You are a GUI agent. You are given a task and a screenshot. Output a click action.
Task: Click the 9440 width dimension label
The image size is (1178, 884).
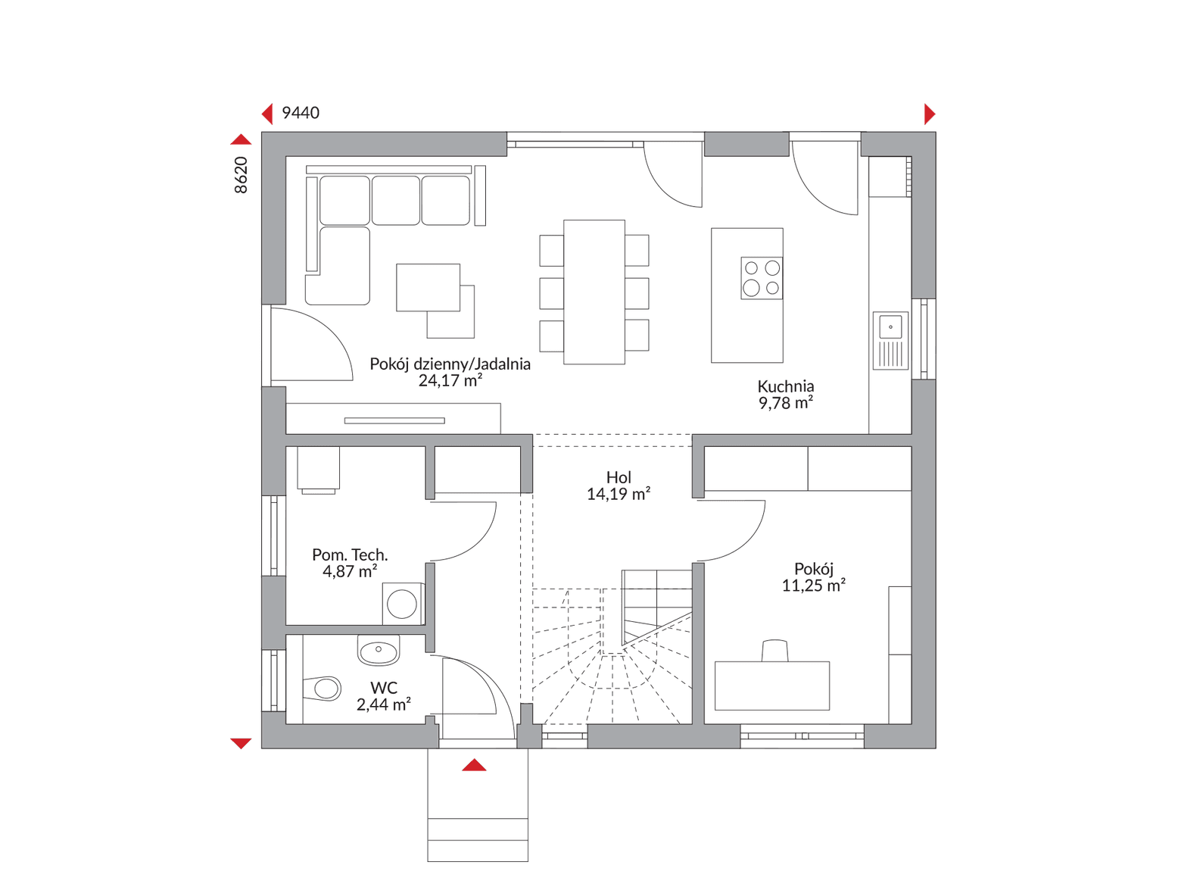pos(300,113)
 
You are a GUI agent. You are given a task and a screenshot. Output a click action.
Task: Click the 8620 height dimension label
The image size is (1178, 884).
pos(241,175)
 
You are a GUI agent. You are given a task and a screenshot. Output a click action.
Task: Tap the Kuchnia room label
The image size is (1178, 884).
pos(785,386)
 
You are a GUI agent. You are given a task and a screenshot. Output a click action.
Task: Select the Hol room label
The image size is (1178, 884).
pos(619,477)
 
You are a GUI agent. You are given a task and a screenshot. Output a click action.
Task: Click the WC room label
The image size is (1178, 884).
pos(384,688)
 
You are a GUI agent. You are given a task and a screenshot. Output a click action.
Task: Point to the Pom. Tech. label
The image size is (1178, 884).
pos(350,554)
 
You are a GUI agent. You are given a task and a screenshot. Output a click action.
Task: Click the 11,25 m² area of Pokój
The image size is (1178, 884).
pos(814,585)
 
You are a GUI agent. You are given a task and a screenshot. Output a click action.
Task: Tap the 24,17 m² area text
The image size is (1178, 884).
pos(450,380)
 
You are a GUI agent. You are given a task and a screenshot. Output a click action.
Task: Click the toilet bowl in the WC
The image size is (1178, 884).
pos(322,688)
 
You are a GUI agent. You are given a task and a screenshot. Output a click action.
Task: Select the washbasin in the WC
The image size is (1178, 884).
pos(379,651)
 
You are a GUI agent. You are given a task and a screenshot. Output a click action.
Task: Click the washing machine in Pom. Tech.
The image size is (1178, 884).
pos(403,604)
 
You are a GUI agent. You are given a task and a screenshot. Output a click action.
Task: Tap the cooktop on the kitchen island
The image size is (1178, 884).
pos(762,278)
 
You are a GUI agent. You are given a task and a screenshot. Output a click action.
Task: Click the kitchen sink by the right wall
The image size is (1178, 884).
pos(890,340)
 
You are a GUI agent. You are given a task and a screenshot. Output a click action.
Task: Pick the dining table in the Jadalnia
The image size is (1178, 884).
pos(594,292)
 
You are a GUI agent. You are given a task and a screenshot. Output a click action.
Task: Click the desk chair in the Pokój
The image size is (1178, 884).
pos(774,650)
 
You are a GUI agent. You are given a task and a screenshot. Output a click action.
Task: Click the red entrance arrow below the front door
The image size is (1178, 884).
pos(474,765)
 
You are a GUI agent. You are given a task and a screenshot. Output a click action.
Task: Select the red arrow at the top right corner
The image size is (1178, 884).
pos(930,114)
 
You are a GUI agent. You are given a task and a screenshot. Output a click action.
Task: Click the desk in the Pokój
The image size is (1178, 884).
pos(771,686)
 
